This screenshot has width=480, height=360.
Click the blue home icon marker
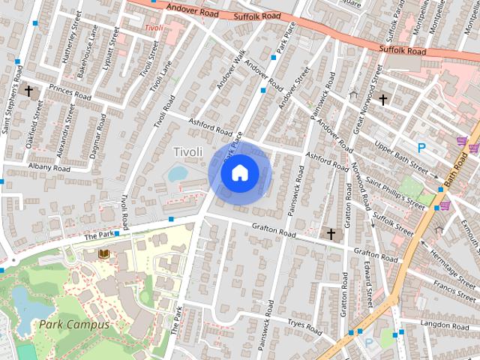(239, 173)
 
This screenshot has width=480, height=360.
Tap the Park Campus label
(74, 325)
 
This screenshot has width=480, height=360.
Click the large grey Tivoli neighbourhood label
(188, 152)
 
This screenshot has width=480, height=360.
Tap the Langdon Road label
(445, 325)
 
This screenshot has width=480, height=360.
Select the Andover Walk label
(232, 70)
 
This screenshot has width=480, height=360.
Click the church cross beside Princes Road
(29, 91)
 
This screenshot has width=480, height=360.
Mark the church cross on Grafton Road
(330, 235)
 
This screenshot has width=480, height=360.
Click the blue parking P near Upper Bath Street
(421, 148)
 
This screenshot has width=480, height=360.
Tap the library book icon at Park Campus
(103, 256)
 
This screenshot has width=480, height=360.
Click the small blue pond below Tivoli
(178, 174)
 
